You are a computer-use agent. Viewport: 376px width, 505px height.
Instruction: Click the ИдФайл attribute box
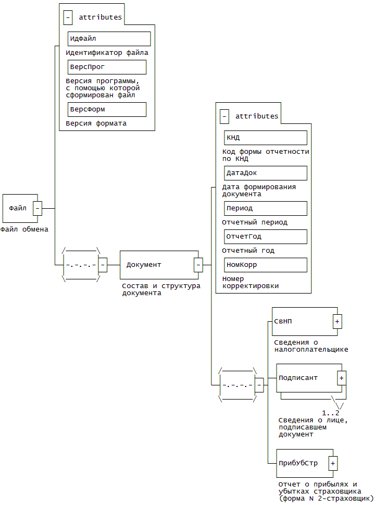click(109, 39)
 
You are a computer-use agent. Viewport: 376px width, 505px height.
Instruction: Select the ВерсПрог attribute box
click(107, 67)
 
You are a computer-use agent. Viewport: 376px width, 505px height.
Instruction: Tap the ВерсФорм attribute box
click(107, 109)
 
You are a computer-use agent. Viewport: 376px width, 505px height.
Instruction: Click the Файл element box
click(18, 208)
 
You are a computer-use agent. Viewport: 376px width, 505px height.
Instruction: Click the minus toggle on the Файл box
click(37, 208)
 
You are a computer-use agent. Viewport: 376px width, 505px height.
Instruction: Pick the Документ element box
click(156, 265)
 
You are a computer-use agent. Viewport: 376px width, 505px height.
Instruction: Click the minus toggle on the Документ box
click(198, 265)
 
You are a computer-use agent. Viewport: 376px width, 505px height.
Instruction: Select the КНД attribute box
click(265, 138)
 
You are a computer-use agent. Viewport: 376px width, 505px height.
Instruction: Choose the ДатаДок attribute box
click(265, 173)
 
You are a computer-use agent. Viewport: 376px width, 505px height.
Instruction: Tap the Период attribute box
click(265, 208)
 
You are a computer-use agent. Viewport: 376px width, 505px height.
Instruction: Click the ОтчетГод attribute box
click(265, 236)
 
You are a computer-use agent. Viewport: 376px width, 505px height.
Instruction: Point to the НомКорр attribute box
click(265, 265)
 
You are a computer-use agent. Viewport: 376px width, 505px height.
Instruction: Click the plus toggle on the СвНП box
click(337, 321)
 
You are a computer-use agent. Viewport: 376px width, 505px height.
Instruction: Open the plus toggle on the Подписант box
click(342, 378)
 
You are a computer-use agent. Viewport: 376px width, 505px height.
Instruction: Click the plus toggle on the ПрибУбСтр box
click(333, 463)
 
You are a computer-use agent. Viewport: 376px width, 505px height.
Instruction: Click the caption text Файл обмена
click(24, 229)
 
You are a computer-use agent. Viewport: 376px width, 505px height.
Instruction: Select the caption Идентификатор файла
click(107, 53)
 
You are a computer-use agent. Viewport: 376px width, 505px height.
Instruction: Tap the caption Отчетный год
click(248, 251)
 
